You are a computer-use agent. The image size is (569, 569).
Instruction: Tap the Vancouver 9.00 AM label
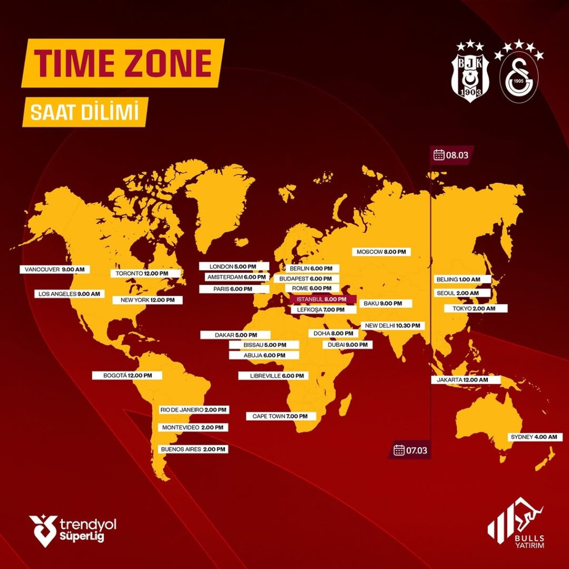pos(54,269)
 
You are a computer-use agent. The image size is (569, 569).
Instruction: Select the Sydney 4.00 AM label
pos(533,437)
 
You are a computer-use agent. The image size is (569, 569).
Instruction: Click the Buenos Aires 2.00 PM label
pos(193,449)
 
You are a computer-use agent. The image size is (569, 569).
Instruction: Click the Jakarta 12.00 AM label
pos(466,380)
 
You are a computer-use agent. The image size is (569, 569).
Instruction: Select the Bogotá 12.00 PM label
pos(127,375)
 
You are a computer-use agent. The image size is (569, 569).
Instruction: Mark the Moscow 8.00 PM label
pos(381,252)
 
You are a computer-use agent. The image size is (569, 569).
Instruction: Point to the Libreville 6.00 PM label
pos(273,376)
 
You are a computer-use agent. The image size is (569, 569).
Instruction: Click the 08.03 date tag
pos(451,154)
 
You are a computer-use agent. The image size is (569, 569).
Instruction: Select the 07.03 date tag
pos(411,450)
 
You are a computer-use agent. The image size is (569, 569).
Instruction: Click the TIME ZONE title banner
pos(123,63)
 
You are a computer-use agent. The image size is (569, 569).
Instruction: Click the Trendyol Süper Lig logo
pos(73,530)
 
